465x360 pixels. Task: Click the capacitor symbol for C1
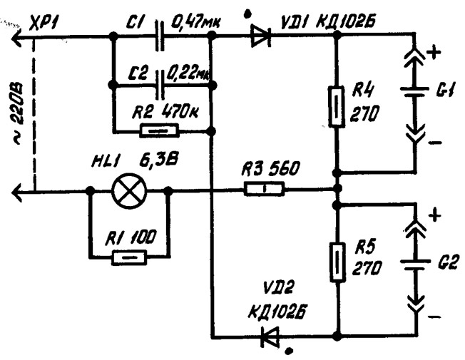[160, 36]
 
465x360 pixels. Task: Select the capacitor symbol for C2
[160, 85]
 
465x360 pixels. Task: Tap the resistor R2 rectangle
[160, 130]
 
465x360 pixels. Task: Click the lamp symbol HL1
[129, 192]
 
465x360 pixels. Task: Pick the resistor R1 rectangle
[129, 257]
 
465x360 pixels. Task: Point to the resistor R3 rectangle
[264, 188]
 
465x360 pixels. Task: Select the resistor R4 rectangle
[337, 107]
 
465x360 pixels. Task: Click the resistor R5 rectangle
[337, 262]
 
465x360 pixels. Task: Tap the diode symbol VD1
[261, 36]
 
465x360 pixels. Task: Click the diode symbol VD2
[270, 336]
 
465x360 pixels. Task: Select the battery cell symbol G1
[414, 91]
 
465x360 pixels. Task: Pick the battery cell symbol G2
[415, 264]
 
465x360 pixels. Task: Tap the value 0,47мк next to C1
[195, 22]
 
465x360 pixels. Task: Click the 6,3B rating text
[159, 161]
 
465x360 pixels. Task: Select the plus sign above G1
[434, 53]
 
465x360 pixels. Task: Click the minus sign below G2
[435, 317]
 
